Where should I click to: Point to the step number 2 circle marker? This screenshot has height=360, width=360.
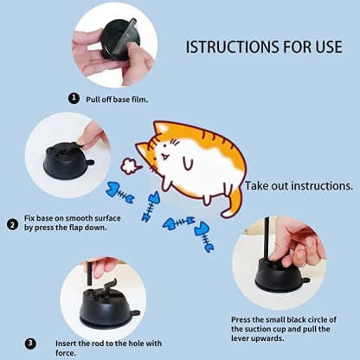pyautogui.click(x=12, y=225)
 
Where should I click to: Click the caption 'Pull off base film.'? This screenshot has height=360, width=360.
pyautogui.click(x=118, y=100)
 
